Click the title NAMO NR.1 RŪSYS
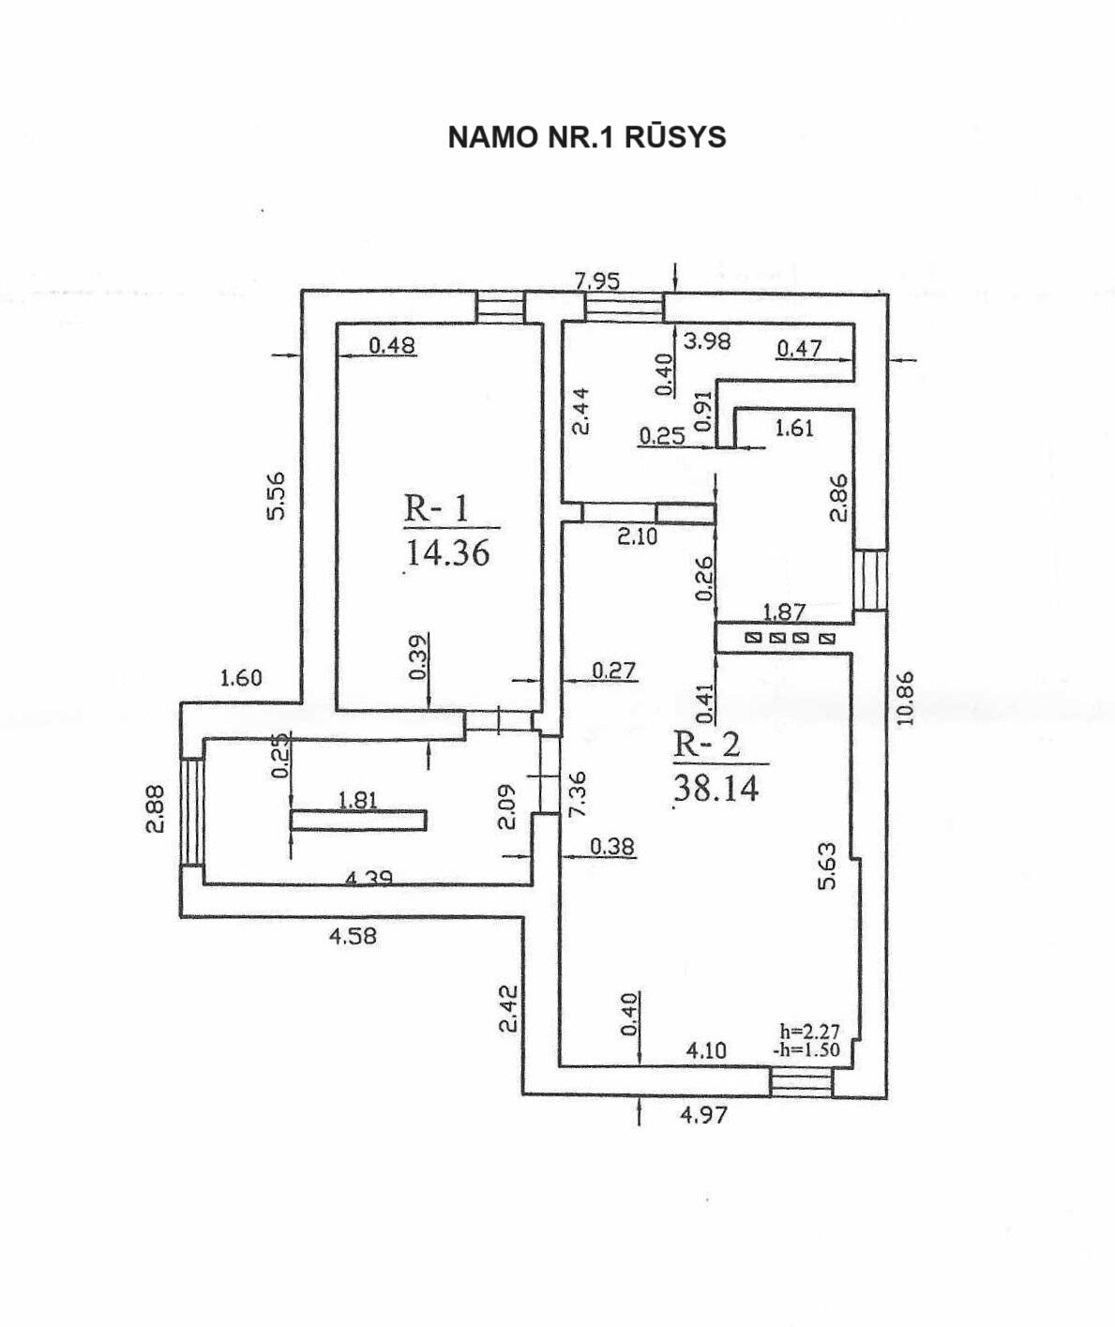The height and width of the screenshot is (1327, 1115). point(587,137)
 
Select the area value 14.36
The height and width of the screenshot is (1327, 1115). point(447,552)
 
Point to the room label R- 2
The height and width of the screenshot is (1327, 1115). point(707,745)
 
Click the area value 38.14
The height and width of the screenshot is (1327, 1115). point(716,788)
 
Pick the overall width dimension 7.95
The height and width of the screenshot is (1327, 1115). point(597,280)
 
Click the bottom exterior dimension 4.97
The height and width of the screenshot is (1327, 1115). point(703,1115)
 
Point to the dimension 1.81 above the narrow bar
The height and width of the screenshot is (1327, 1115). point(357,800)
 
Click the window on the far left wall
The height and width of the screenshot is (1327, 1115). point(191,812)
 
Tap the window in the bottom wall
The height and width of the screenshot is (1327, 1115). point(801,1083)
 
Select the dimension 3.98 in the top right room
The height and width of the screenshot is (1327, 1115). point(707,341)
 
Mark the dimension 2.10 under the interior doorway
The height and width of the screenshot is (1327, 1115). point(638,537)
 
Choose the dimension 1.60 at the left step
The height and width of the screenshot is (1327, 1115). point(241,677)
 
